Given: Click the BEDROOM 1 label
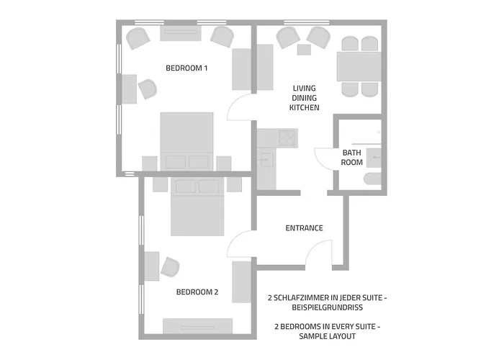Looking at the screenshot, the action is coord(186,68).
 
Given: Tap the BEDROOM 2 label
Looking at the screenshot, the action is coord(197,292).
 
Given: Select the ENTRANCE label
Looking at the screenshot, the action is coord(304,228).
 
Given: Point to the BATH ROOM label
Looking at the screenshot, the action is coord(351,158).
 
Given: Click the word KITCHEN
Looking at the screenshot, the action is coord(305,108).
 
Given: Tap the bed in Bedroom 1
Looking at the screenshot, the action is coord(186,141).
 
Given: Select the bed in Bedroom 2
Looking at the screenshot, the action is coord(197,207).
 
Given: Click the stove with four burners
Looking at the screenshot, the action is coord(287,138).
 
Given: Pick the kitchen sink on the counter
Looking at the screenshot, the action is coord(266,160).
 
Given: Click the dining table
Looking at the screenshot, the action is coord(359,66).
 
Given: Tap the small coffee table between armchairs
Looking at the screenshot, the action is coord(304,50).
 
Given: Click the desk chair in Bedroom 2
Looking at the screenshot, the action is coord(170,267).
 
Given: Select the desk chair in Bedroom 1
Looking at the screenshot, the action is coord(147,89).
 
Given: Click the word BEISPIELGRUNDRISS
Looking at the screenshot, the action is coord(327,307).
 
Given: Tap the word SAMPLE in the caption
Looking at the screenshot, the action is coord(313,336).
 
